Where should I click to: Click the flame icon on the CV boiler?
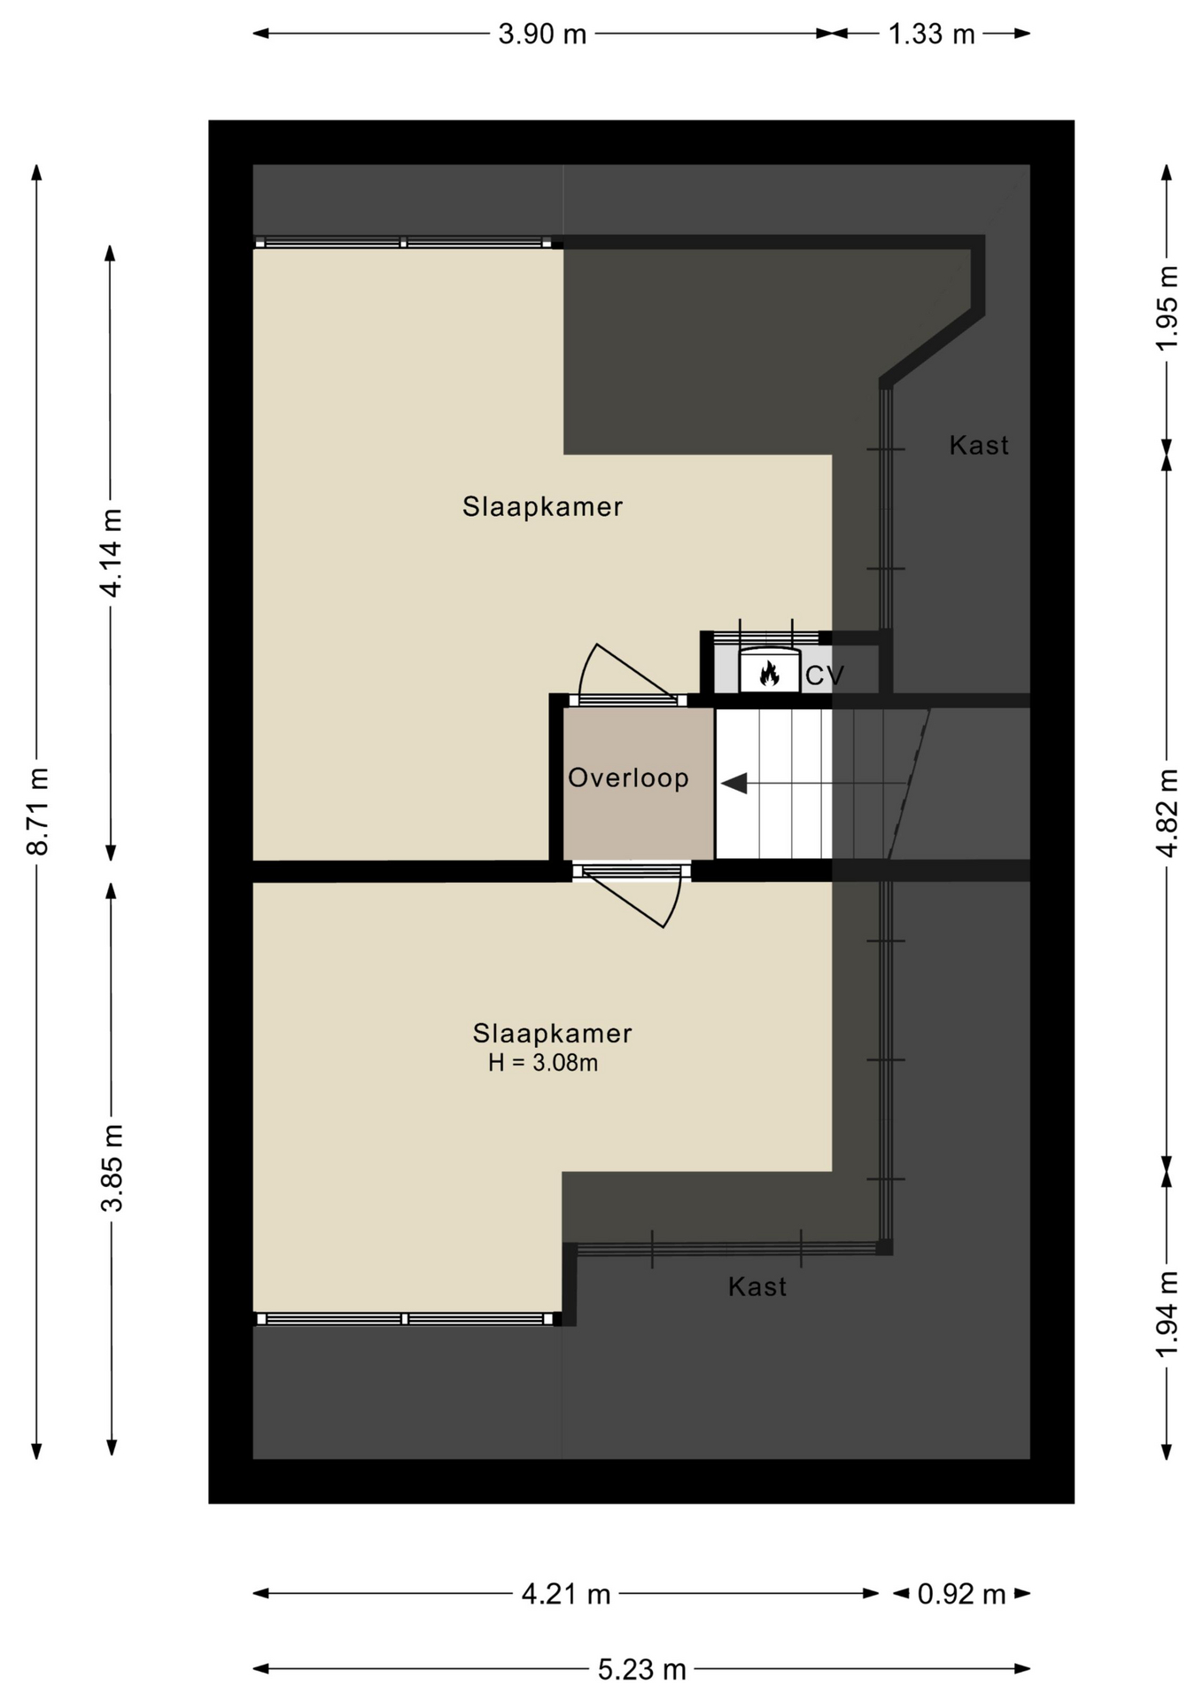tap(769, 674)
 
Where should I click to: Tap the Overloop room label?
tap(628, 777)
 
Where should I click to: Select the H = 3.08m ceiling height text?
tap(543, 1062)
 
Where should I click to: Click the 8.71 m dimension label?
tap(38, 811)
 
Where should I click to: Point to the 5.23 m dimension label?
tap(642, 1670)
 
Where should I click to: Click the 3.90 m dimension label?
tap(542, 34)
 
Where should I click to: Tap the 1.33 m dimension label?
tap(931, 34)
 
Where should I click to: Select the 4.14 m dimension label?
tap(111, 553)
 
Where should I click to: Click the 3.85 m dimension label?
tap(112, 1167)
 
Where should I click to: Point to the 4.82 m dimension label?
tap(1167, 813)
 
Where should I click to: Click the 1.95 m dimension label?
tap(1167, 308)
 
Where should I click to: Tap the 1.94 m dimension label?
tap(1167, 1314)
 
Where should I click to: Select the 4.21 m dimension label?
tap(566, 1595)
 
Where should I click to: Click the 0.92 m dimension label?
tap(961, 1595)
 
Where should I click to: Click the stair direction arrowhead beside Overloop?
tap(734, 784)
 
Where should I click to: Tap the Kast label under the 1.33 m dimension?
tap(979, 445)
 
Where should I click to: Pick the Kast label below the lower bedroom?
tap(757, 1287)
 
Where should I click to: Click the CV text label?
tap(825, 676)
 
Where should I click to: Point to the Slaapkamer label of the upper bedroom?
tap(542, 507)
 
